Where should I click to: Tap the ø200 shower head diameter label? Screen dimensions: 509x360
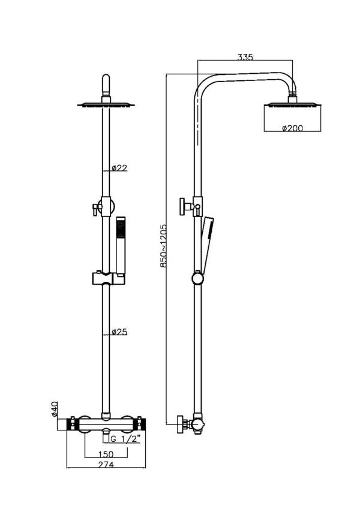(292, 128)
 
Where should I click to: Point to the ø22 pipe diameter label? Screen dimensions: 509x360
(119, 168)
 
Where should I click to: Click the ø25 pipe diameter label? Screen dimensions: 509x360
(119, 332)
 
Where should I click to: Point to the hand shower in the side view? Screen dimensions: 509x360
(208, 243)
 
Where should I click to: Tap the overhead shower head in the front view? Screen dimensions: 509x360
(106, 105)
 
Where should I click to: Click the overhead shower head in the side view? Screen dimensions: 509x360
(292, 106)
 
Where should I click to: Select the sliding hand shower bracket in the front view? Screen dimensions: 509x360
(107, 278)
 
